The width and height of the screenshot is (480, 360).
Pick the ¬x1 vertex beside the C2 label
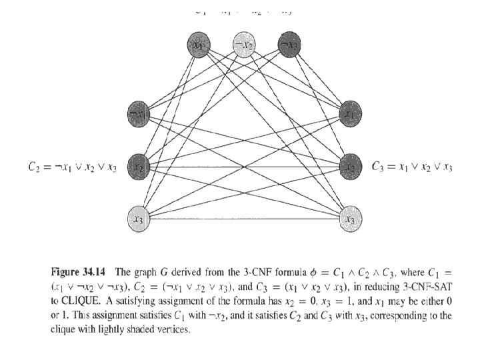tap(139, 115)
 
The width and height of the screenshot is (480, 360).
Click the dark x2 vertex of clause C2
tap(139, 163)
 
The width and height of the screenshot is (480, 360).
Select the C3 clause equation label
tap(412, 166)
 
